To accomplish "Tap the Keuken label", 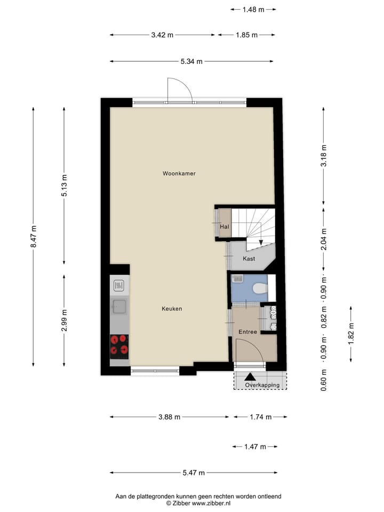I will pos(172,309).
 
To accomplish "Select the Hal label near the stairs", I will pos(224,227).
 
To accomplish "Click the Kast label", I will pos(249,259).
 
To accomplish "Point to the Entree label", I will pos(247,332).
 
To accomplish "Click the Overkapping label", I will pos(262,385).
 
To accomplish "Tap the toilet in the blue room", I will pos(259,289).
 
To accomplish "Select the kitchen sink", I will pos(119,306).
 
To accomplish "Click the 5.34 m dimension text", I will pos(191,61).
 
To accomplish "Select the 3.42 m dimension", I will pos(162,35).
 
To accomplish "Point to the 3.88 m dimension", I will pos(169,417).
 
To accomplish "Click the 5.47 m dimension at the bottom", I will pos(194,473).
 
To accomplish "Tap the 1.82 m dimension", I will pos(350,334).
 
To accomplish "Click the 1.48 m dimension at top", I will pos(253,9).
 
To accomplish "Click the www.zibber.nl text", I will pos(212,503).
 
